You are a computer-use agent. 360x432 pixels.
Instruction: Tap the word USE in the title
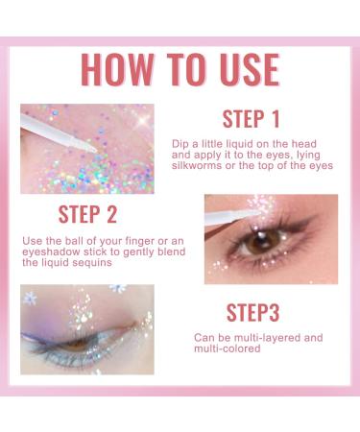pyautogui.click(x=239, y=69)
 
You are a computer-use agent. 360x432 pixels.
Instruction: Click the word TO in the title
pyautogui.click(x=181, y=69)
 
